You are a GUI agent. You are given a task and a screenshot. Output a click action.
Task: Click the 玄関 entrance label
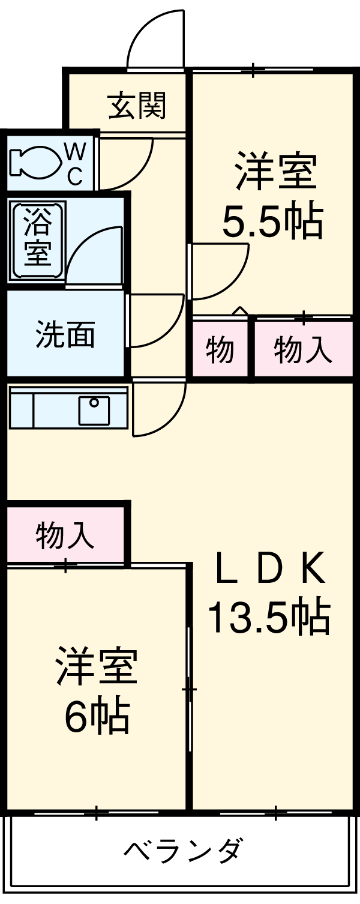(x=137, y=106)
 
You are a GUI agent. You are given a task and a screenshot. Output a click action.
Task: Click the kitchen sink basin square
(x=94, y=411)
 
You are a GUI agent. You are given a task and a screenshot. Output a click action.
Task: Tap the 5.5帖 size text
(x=273, y=223)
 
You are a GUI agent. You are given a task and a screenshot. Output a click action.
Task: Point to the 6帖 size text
(x=97, y=717)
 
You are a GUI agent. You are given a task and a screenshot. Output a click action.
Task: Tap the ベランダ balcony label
(x=184, y=851)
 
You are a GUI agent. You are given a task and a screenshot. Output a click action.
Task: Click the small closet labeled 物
(x=220, y=350)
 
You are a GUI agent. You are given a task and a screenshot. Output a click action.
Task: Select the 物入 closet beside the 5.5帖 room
(x=303, y=350)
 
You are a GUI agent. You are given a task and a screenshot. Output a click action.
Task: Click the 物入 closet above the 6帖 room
(x=65, y=535)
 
